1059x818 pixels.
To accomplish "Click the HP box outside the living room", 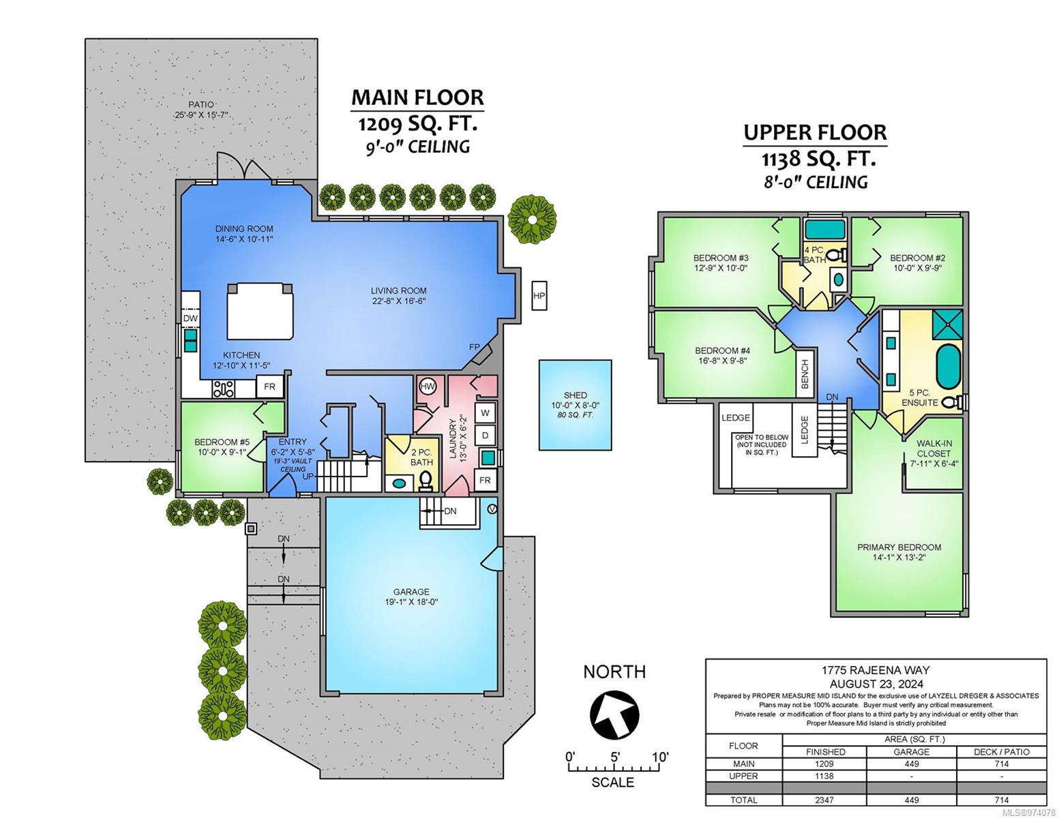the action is coord(539,296).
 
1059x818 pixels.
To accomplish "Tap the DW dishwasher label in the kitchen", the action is coord(190,318).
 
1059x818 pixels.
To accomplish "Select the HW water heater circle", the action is coord(428,387).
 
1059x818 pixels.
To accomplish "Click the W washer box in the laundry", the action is coord(485,413).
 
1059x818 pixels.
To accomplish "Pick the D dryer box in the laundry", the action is coord(485,435).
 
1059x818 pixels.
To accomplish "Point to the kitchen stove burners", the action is coord(223,389).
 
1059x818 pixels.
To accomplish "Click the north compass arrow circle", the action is coord(614,714).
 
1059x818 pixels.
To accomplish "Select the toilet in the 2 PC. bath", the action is coord(426,481).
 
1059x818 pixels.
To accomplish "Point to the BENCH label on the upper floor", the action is coord(805,374).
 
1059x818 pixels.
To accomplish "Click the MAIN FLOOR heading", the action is coord(417,97).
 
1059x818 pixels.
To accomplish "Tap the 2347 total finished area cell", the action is coord(824,800).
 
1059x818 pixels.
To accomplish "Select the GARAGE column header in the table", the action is coord(911,752).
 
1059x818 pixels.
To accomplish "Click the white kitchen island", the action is coord(260,311).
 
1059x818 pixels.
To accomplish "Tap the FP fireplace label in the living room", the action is coord(474,347).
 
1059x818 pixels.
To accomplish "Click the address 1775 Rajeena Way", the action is coord(876,670).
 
